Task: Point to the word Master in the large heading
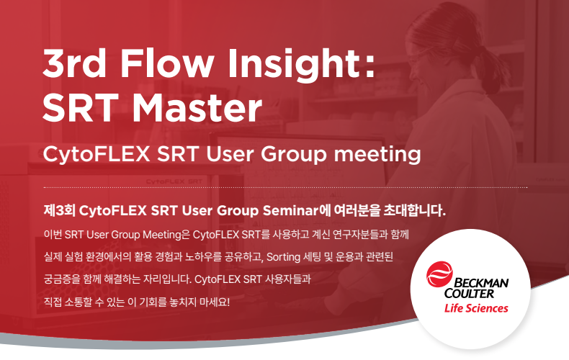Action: [197, 107]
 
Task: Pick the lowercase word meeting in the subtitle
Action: [377, 155]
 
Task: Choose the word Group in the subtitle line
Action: [294, 155]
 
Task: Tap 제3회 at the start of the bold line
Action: [59, 210]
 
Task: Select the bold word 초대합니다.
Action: [414, 210]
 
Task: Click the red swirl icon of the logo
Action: [439, 274]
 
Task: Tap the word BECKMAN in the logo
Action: [481, 283]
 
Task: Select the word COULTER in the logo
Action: [469, 293]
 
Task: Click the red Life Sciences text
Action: [476, 308]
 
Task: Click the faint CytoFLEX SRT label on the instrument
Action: [174, 181]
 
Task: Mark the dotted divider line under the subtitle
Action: [285, 188]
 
